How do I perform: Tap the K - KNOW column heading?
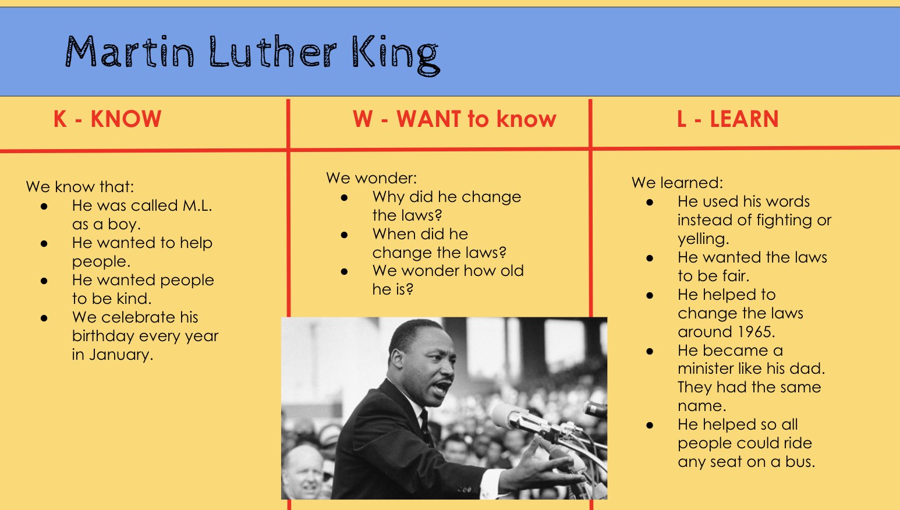107,119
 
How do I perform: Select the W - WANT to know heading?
455,119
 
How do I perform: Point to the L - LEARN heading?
728,119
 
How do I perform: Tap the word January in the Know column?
121,355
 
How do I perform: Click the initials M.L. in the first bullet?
197,206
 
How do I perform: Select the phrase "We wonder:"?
371,178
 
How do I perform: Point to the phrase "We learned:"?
677,183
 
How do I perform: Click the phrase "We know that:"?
80,187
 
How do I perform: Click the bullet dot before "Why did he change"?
344,198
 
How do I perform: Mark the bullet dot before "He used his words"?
650,202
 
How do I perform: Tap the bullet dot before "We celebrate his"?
44,318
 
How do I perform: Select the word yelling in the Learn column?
703,239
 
